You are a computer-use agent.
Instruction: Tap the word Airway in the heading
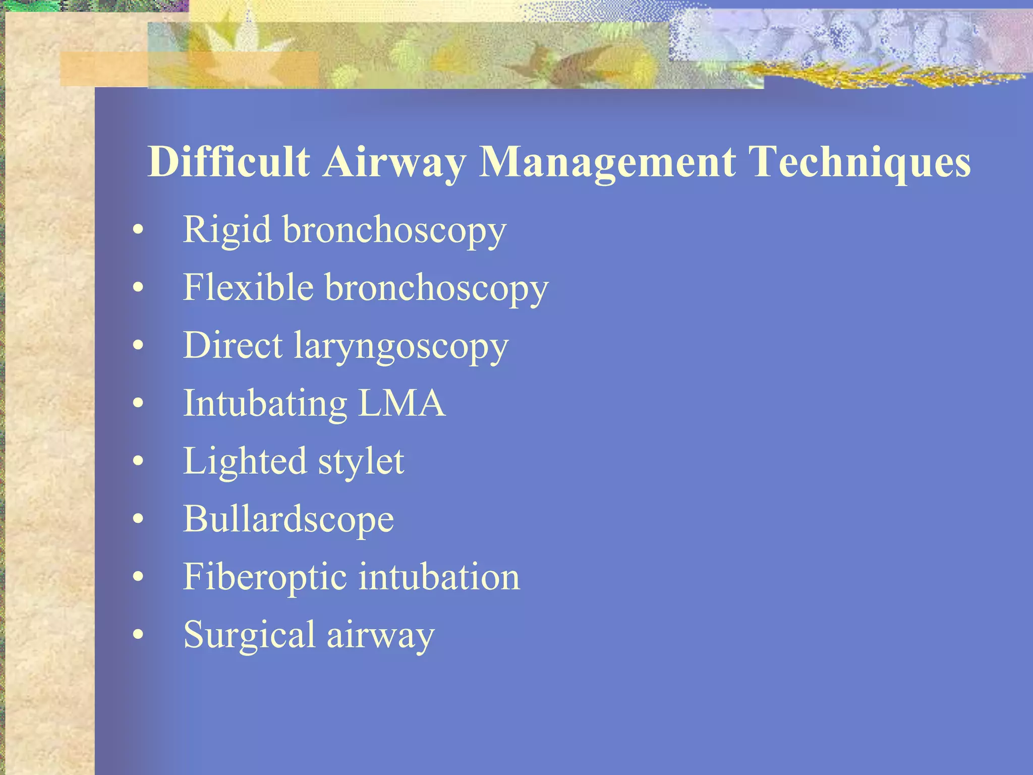[394, 162]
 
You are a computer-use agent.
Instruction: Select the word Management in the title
[607, 162]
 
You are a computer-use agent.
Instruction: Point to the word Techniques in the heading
[859, 162]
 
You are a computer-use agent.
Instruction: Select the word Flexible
[248, 288]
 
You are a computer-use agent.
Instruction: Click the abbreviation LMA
[401, 403]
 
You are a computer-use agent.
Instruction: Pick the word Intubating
[265, 404]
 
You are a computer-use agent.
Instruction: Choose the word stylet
[361, 462]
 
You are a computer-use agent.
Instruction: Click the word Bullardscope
[288, 520]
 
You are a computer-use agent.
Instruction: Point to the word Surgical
[249, 636]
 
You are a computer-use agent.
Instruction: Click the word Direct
[233, 346]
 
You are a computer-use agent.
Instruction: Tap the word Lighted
[244, 462]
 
